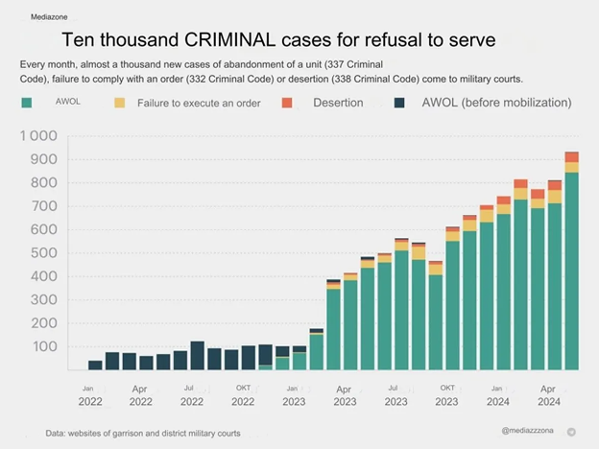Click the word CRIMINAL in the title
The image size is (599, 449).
point(229,39)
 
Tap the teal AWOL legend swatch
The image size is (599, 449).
point(27,103)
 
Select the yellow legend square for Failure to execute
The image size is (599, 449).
point(120,103)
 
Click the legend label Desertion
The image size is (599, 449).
point(338,103)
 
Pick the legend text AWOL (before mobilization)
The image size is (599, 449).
point(496,103)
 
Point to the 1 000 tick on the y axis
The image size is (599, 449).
point(38,135)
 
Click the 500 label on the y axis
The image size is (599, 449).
point(44,252)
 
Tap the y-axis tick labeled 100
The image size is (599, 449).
point(45,346)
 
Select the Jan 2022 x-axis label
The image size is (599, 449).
point(90,395)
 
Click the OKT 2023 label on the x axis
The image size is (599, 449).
point(447,395)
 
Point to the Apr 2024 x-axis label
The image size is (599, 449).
point(548,395)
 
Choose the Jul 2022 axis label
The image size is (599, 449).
point(192,395)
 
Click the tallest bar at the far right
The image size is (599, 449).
point(572,261)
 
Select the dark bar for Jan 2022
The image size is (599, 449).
point(95,365)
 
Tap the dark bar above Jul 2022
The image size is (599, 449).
point(197,355)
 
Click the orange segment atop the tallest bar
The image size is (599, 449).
point(572,157)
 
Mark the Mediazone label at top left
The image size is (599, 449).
point(49,17)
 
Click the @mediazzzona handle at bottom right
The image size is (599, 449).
point(527,430)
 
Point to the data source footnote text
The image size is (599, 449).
point(143,434)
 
